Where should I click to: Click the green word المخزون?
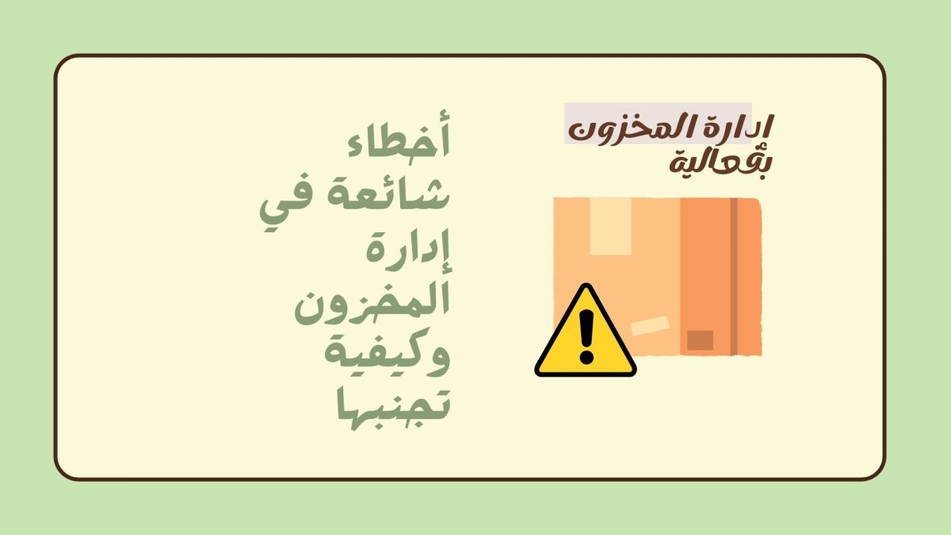point(372,305)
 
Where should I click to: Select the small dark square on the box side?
point(700,340)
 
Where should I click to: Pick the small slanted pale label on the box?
point(650,326)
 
